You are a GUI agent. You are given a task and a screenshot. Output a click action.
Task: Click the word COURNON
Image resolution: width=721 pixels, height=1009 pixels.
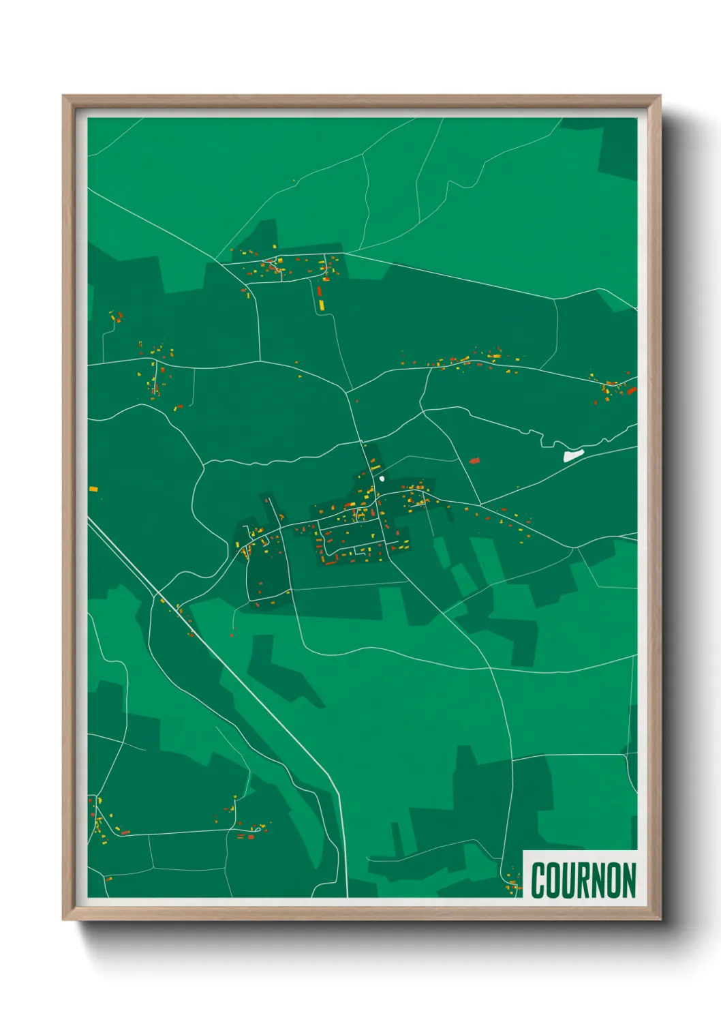(583, 880)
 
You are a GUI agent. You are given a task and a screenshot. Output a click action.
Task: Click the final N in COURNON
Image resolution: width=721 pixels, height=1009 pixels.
(628, 880)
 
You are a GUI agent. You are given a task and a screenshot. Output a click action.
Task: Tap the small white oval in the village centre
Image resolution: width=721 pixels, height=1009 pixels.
(382, 478)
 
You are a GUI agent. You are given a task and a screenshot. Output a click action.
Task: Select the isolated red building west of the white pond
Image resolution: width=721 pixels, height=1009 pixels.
(474, 461)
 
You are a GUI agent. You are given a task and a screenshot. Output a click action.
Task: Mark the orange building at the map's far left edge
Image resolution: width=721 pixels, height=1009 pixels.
(93, 488)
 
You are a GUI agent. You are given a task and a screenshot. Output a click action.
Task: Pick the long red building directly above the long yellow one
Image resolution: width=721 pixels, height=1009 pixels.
(319, 292)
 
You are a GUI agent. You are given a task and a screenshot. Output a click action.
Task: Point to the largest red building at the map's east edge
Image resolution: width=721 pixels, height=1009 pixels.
(632, 390)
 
